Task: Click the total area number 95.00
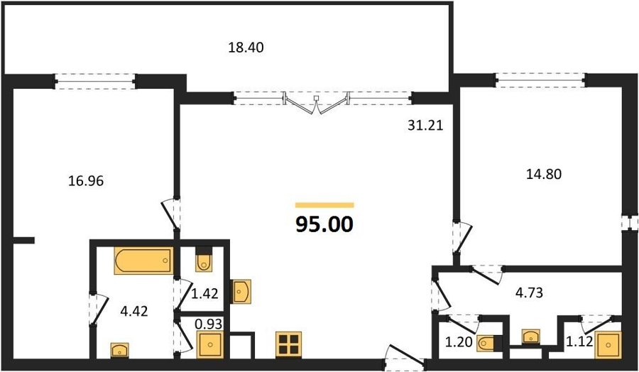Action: (x=324, y=224)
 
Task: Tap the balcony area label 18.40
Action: (x=246, y=48)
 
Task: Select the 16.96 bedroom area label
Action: (x=86, y=180)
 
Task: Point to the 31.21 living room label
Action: (x=425, y=126)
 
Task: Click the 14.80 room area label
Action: (x=544, y=175)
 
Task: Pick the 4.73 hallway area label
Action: (x=528, y=292)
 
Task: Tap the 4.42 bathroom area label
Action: (x=134, y=312)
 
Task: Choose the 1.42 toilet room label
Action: (x=205, y=293)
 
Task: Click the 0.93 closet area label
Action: (x=209, y=324)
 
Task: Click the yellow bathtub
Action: (x=143, y=260)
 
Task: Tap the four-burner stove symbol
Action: (x=288, y=344)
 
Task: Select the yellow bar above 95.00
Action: (x=324, y=205)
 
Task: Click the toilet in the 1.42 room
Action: (x=204, y=260)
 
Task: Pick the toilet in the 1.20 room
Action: (x=487, y=344)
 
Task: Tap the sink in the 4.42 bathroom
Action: (x=120, y=350)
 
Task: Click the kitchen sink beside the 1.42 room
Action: (x=241, y=291)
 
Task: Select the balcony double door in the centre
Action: (x=316, y=103)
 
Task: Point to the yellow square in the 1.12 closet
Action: (x=608, y=345)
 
